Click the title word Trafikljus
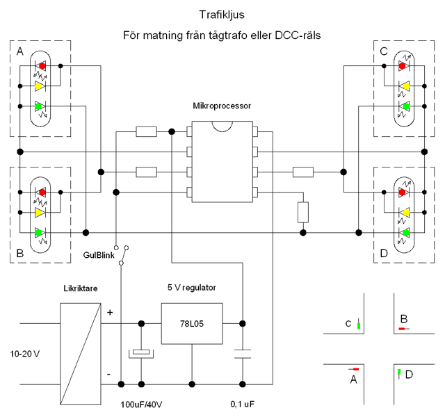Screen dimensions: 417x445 coord(222,13)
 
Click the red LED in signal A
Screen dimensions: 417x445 coord(40,66)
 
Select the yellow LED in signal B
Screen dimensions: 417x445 coord(40,212)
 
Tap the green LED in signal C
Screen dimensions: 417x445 coord(403,106)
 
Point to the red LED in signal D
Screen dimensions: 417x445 coord(403,192)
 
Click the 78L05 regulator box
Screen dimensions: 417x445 coord(191,323)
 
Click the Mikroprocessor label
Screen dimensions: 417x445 coord(222,106)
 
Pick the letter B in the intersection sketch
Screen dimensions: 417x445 coord(403,319)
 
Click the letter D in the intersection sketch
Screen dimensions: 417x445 coord(409,375)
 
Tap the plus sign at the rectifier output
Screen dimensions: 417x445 coord(110,313)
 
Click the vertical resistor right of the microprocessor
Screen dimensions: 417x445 coord(302,211)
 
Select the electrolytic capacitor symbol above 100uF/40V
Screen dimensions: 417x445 coord(142,353)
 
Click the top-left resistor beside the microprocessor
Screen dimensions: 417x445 coord(146,131)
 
